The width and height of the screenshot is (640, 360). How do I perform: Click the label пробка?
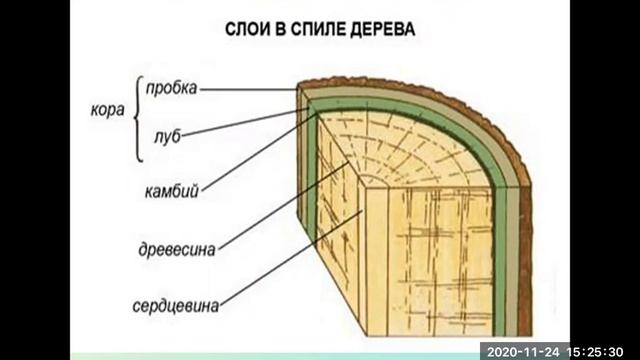click(171, 88)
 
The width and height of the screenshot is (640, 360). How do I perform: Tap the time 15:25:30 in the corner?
click(600, 351)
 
